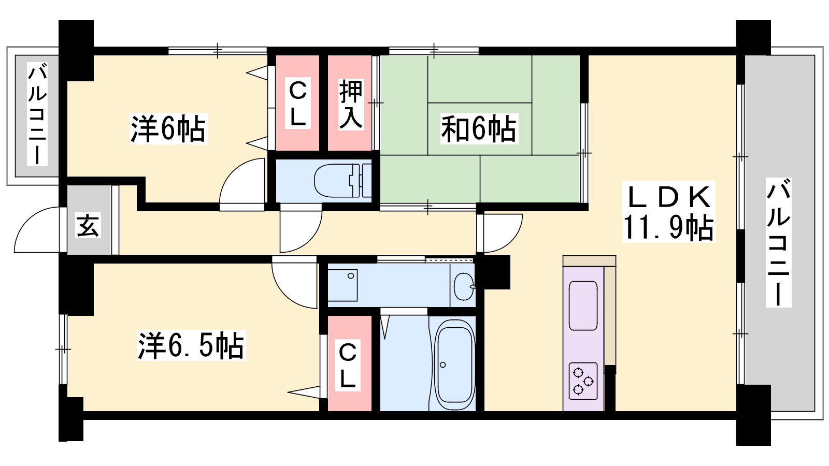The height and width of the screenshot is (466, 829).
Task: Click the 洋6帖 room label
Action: click(168, 129)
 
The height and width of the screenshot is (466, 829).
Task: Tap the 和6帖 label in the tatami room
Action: click(479, 129)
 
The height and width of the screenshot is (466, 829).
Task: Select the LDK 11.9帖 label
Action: click(669, 212)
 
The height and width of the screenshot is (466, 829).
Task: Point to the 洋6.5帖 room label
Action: click(191, 345)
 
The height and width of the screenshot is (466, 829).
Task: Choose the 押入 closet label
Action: click(350, 104)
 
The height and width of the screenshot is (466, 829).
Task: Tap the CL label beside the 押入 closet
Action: click(297, 104)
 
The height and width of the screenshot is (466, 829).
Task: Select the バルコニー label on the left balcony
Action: click(37, 114)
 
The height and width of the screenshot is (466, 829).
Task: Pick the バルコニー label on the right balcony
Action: click(778, 242)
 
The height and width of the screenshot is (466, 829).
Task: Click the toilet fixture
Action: click(342, 181)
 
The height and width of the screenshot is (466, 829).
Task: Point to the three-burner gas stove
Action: click(583, 381)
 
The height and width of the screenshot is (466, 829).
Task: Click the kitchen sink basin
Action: click(583, 305)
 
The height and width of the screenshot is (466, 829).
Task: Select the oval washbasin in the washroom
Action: click(464, 287)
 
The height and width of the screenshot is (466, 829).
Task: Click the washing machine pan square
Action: click(342, 285)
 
